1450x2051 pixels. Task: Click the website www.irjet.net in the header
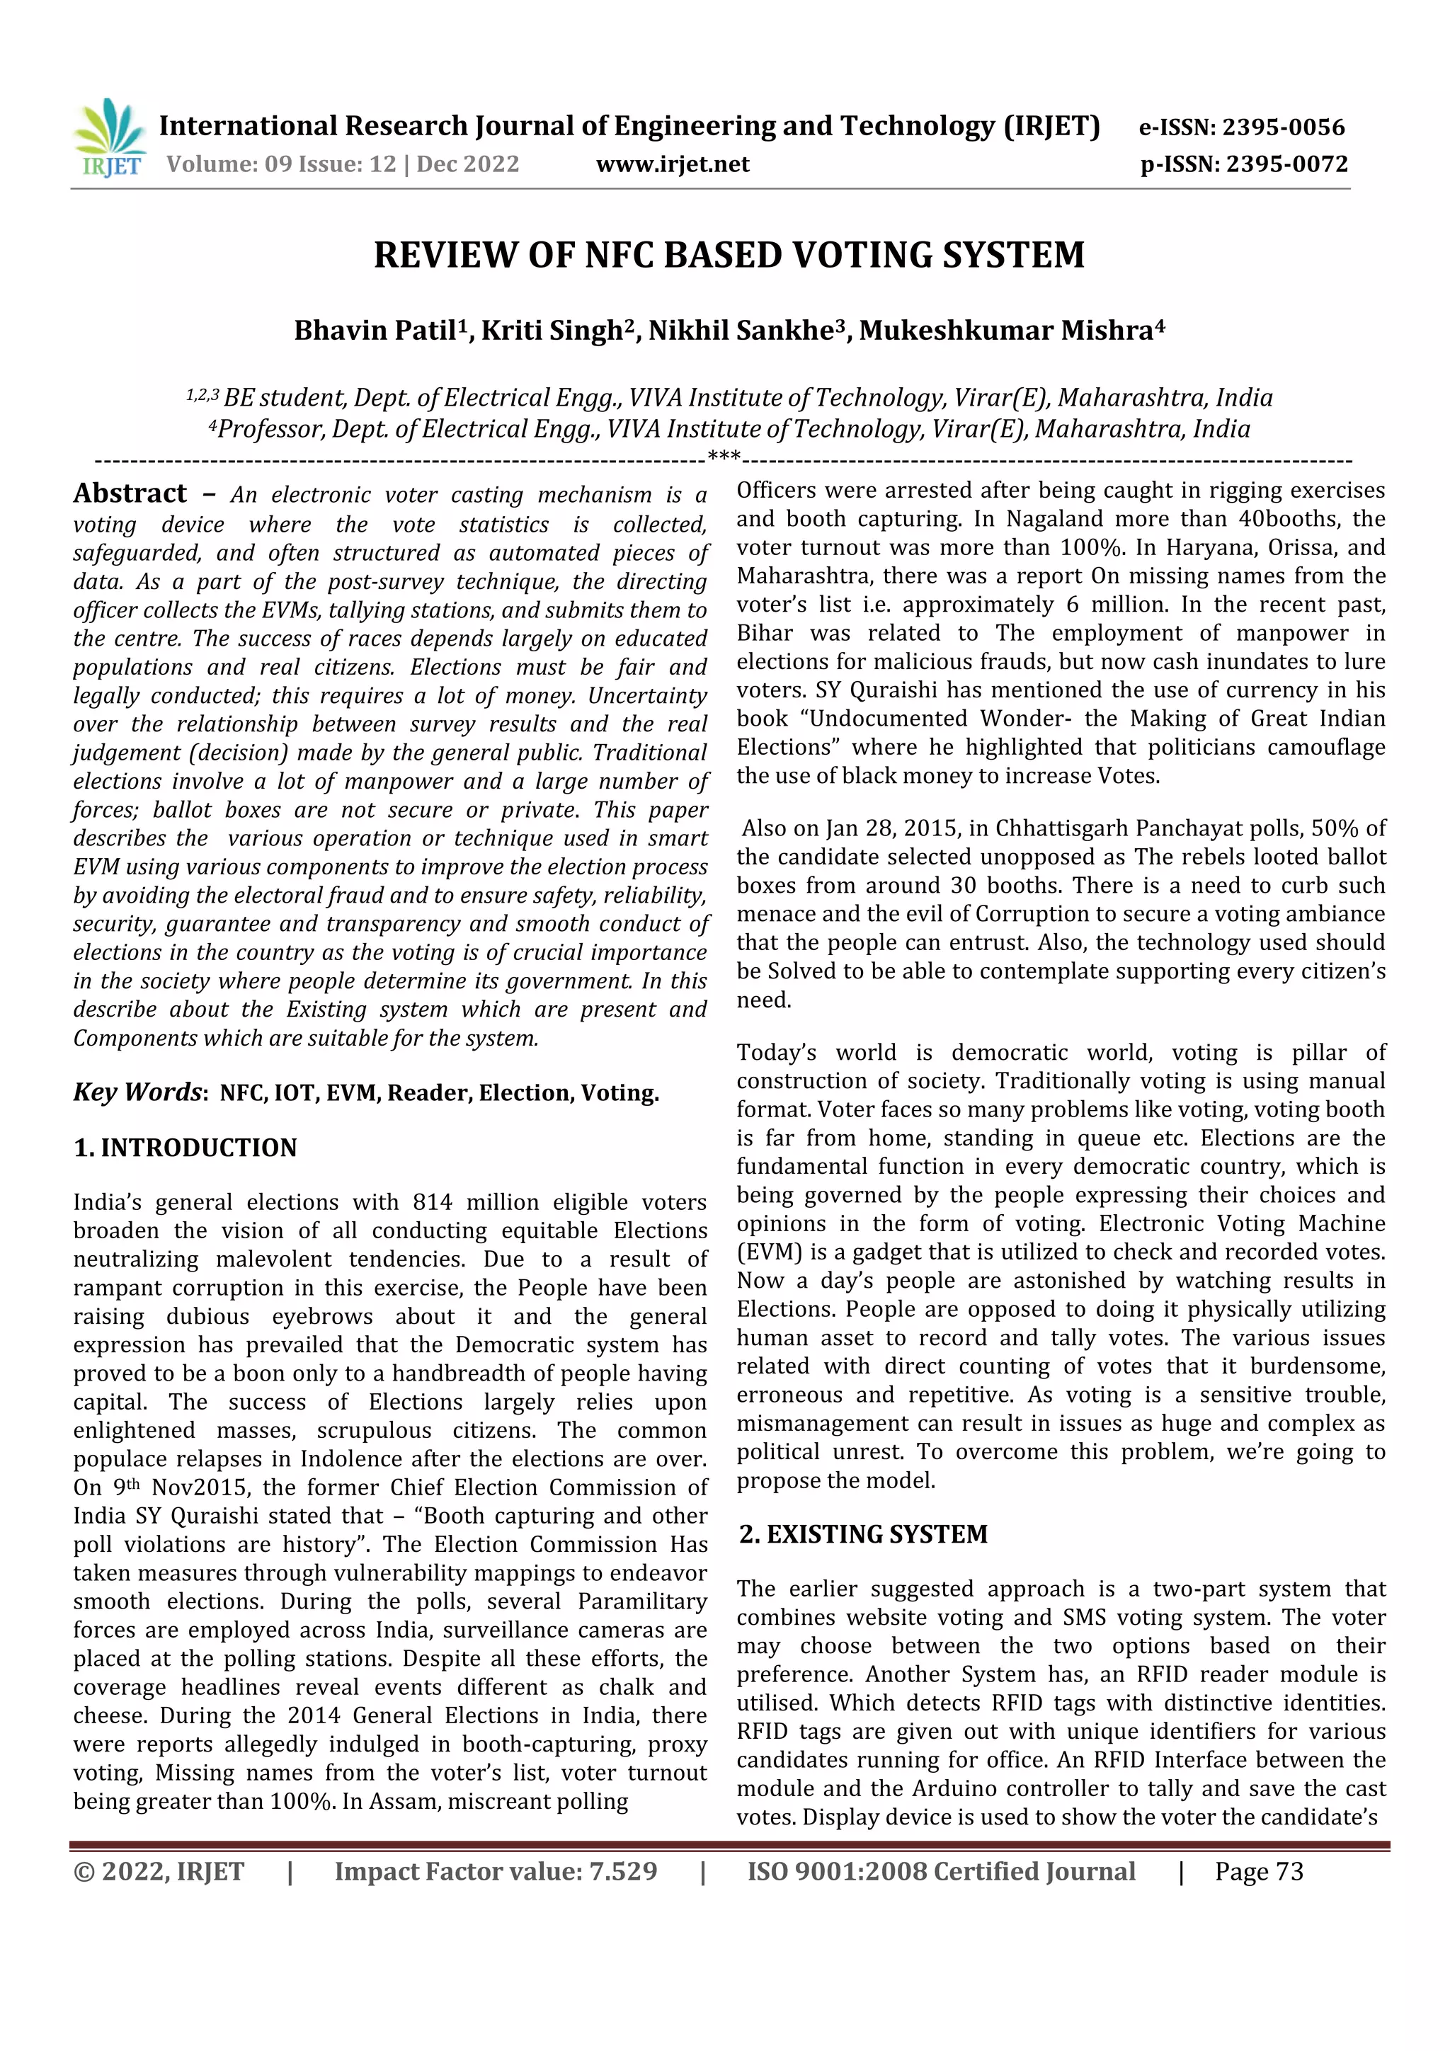click(x=672, y=165)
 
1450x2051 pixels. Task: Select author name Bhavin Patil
click(x=375, y=331)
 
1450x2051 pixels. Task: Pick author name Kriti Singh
click(x=552, y=331)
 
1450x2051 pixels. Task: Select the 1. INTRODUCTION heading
click(x=185, y=1148)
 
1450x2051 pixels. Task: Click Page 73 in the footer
click(x=1259, y=1871)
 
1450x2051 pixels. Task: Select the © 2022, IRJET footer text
click(x=158, y=1871)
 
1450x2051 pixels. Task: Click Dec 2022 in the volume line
click(x=467, y=165)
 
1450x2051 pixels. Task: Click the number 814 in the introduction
click(x=433, y=1202)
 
